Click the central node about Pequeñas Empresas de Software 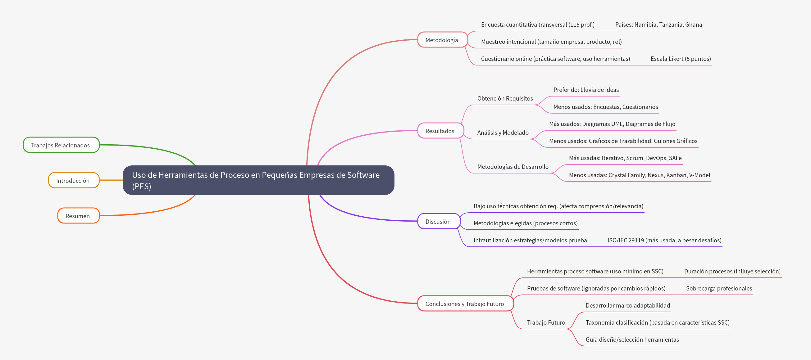click(258, 180)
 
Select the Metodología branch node click(442, 40)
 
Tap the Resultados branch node click(440, 131)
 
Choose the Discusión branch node click(438, 222)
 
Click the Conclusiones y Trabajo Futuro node click(465, 304)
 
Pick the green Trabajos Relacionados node click(61, 145)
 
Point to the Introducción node click(73, 181)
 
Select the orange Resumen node click(78, 216)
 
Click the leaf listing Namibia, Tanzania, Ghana click(658, 25)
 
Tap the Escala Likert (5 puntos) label click(680, 59)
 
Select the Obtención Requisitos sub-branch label click(505, 98)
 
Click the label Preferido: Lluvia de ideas click(586, 90)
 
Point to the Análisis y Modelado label click(503, 133)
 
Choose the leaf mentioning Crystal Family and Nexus click(639, 175)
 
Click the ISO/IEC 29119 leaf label click(664, 240)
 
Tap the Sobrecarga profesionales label click(719, 288)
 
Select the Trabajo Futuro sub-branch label click(546, 322)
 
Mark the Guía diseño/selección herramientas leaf click(632, 340)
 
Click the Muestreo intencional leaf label click(551, 42)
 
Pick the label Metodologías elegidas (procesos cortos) click(526, 223)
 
